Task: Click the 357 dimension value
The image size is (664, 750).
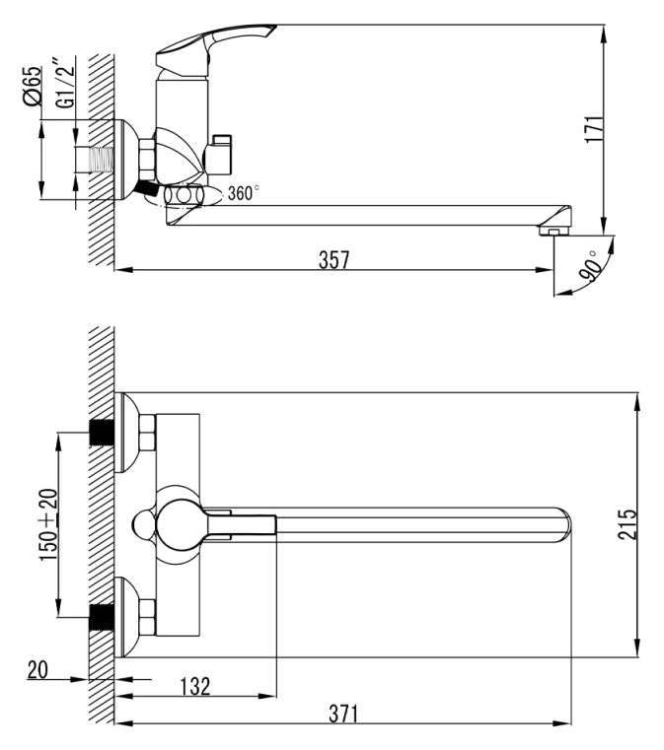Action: tap(334, 260)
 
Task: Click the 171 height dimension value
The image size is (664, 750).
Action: tap(595, 128)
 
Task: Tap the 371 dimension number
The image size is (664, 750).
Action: tap(343, 715)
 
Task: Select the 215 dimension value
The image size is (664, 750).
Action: tap(627, 524)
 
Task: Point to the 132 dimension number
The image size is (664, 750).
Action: tap(195, 686)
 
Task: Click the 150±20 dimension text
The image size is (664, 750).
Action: tap(48, 524)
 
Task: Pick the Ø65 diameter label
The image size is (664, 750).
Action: tap(33, 85)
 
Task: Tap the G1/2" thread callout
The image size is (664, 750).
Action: tap(65, 83)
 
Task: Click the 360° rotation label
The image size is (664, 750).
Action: tap(244, 193)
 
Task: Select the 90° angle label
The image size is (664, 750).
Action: tap(590, 265)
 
